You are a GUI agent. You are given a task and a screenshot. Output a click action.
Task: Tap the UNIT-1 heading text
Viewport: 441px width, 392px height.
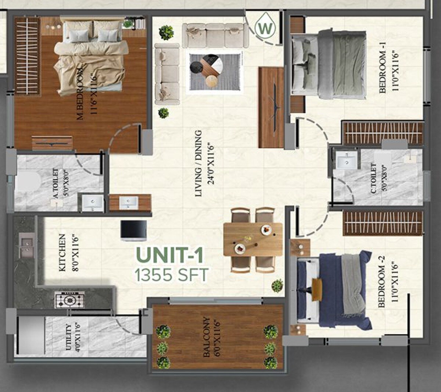click(x=169, y=256)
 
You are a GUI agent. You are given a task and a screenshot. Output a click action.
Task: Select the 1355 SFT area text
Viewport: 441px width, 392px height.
click(x=172, y=275)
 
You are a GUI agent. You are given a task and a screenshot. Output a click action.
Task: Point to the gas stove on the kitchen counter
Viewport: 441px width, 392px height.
click(x=69, y=300)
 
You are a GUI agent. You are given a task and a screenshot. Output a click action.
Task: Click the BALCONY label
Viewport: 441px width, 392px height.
click(x=207, y=338)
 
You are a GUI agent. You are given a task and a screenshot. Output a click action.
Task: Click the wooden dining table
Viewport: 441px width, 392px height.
click(x=253, y=239)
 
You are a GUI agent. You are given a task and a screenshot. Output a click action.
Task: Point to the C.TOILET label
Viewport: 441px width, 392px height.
click(x=373, y=179)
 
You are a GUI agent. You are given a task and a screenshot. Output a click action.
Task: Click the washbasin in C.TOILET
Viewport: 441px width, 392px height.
click(x=346, y=161)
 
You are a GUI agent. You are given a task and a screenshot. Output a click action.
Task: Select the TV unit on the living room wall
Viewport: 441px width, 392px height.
click(x=271, y=107)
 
